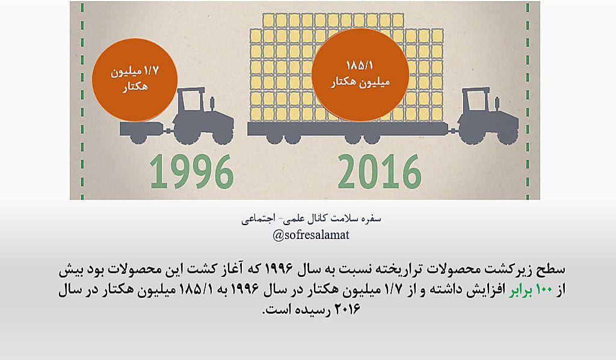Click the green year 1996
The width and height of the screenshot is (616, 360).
[192, 171]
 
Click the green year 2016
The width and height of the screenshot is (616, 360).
[380, 171]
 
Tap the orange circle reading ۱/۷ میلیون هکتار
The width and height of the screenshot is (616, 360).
[135, 80]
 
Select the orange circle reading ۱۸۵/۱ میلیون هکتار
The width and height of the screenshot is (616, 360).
[360, 74]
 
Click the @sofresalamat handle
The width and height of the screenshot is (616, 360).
[311, 235]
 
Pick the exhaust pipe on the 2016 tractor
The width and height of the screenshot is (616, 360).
[496, 104]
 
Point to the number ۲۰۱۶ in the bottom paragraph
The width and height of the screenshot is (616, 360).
[347, 309]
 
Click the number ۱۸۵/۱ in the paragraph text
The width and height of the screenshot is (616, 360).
[196, 290]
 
